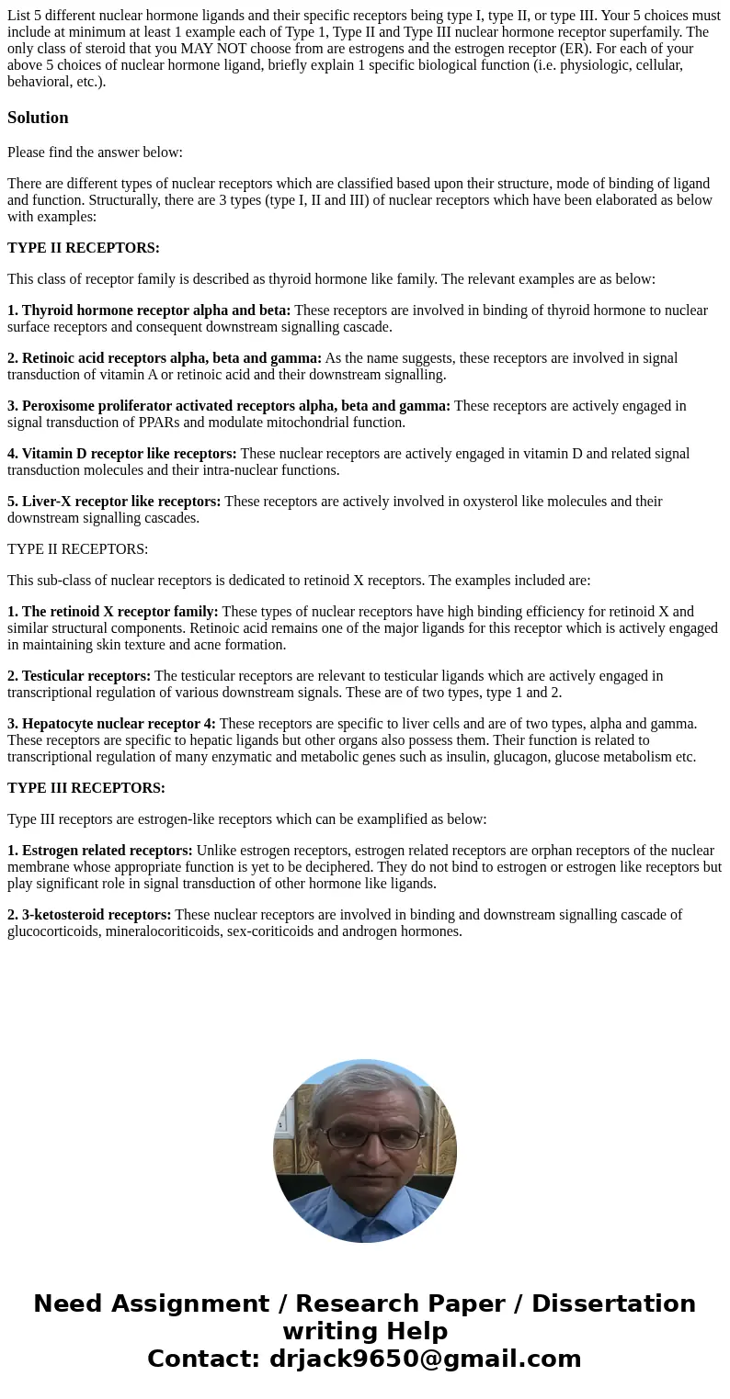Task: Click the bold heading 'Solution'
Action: pos(38,118)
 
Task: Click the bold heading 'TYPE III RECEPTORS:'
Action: pos(86,788)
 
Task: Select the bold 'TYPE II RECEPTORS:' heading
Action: pos(84,248)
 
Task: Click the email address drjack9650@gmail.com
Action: pos(425,1359)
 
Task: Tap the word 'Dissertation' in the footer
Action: pos(613,1303)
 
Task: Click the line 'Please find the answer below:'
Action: pos(96,152)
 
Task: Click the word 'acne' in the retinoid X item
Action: pos(203,645)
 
